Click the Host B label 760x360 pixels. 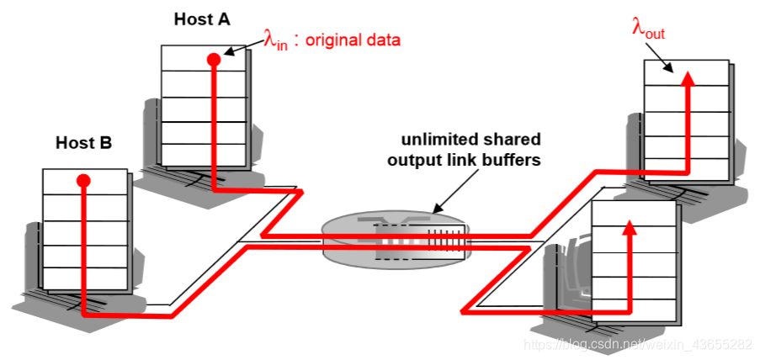pos(83,143)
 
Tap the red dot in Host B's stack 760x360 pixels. pos(82,181)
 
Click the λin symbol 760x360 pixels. pos(276,40)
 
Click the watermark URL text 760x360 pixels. pos(636,344)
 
